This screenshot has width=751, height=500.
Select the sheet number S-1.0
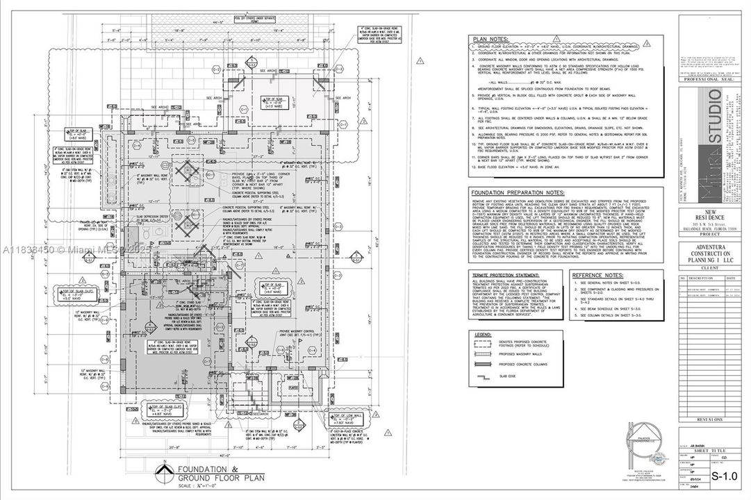725,476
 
